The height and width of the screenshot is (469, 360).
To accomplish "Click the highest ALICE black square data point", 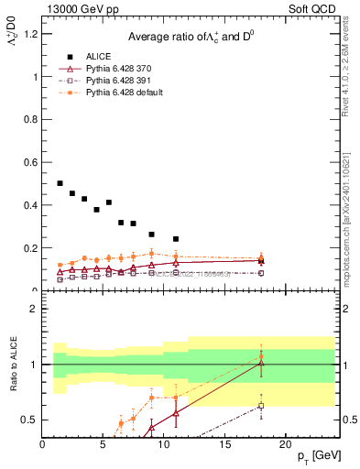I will pos(60,183).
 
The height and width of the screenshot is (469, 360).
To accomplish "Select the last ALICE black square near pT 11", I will pos(176,239).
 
